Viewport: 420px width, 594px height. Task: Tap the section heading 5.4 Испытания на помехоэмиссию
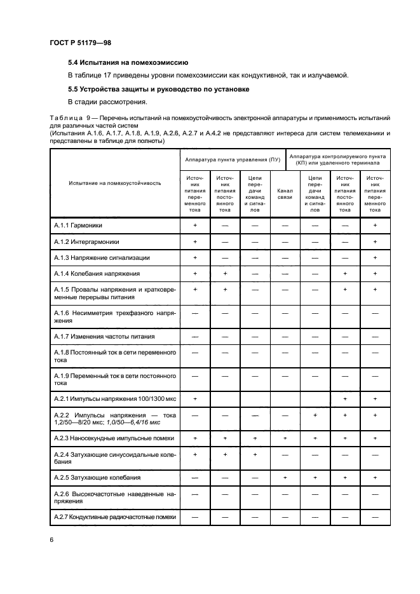pos(127,63)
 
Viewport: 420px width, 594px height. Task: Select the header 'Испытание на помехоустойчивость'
pos(114,183)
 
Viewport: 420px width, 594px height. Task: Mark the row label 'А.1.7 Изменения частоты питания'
pos(104,336)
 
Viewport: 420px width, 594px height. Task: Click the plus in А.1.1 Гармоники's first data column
pos(195,226)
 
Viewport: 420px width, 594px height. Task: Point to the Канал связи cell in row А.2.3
pos(285,438)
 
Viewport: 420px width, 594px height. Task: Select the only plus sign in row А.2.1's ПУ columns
pos(195,398)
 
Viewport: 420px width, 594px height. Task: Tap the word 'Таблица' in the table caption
pos(65,118)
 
